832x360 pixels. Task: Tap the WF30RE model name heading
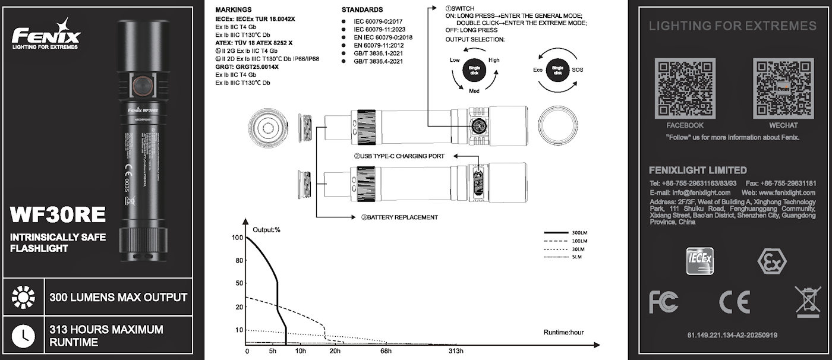pyautogui.click(x=58, y=213)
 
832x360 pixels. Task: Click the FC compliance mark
pyautogui.click(x=663, y=302)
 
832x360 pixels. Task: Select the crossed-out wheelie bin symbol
pyautogui.click(x=807, y=301)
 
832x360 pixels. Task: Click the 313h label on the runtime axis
pyautogui.click(x=456, y=351)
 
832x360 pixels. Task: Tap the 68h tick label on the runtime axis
pyautogui.click(x=386, y=351)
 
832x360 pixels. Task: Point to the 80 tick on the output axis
pyautogui.click(x=239, y=261)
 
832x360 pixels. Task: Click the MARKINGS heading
pyautogui.click(x=233, y=10)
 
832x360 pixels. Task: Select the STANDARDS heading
pyautogui.click(x=362, y=10)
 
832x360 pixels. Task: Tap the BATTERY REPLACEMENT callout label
pyautogui.click(x=399, y=217)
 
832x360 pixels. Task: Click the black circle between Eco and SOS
pyautogui.click(x=557, y=70)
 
